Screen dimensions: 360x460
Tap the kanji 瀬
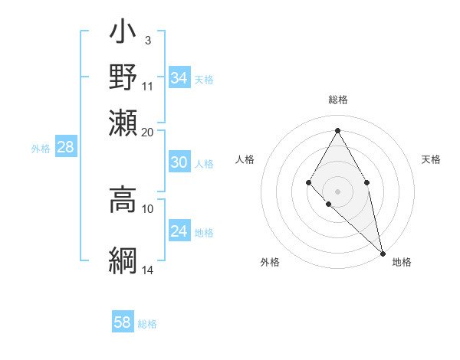point(123,122)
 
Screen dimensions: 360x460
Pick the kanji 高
point(123,198)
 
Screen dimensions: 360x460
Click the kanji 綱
point(123,260)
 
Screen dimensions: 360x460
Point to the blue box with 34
point(179,78)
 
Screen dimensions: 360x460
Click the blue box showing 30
point(179,162)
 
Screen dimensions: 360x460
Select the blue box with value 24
point(179,231)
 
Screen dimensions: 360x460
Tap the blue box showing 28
point(65,148)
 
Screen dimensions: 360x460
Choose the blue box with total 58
point(123,322)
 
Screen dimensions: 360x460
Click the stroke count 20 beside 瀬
point(148,133)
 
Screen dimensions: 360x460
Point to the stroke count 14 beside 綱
point(148,270)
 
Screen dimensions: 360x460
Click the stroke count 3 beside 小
point(148,40)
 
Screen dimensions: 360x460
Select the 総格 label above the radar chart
point(337,100)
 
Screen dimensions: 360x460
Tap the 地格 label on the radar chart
point(402,263)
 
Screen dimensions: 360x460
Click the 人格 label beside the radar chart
point(245,159)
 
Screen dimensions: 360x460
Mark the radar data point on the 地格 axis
point(383,254)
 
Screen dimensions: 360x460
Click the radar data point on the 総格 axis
point(337,129)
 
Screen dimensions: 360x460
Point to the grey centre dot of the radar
point(337,191)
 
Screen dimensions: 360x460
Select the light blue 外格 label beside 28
point(41,149)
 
